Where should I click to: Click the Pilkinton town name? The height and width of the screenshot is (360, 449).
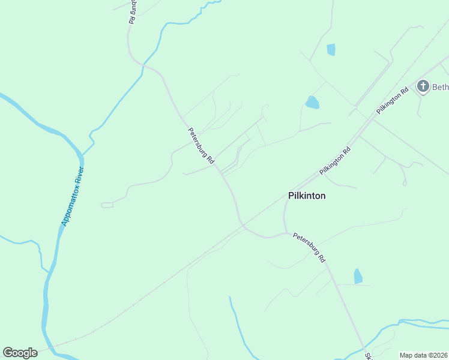(x=307, y=196)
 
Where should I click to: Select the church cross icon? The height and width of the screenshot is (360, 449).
(x=423, y=86)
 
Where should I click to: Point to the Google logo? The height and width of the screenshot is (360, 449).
(x=20, y=353)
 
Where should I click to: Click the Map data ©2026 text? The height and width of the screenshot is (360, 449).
(x=423, y=355)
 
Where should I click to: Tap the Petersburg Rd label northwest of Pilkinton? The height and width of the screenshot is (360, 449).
(x=201, y=146)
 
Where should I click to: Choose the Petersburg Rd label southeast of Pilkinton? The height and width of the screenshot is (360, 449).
(x=309, y=247)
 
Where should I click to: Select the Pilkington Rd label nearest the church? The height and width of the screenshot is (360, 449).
(x=393, y=100)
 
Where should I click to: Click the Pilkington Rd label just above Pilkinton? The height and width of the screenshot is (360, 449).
(x=335, y=161)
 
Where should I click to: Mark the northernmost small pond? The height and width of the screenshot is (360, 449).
(x=331, y=50)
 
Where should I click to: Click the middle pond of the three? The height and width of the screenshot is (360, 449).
(x=312, y=103)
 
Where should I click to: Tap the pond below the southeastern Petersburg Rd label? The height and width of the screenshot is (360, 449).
(x=358, y=276)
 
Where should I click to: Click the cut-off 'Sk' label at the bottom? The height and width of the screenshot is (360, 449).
(x=369, y=355)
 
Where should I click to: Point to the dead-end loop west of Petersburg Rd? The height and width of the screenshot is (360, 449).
(x=107, y=205)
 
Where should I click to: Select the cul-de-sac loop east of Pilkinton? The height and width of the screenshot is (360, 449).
(x=405, y=182)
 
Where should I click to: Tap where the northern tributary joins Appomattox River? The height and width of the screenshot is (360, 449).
(x=82, y=155)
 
